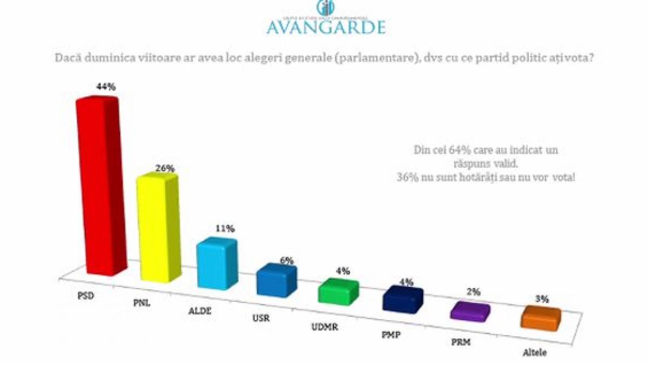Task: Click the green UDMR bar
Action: pyautogui.click(x=338, y=293)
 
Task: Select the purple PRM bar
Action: pyautogui.click(x=470, y=312)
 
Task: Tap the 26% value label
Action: pyautogui.click(x=164, y=168)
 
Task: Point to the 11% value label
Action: pyautogui.click(x=225, y=229)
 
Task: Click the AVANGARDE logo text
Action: pyautogui.click(x=326, y=26)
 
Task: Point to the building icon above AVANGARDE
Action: pyautogui.click(x=325, y=8)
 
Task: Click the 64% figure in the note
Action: pyautogui.click(x=456, y=150)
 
